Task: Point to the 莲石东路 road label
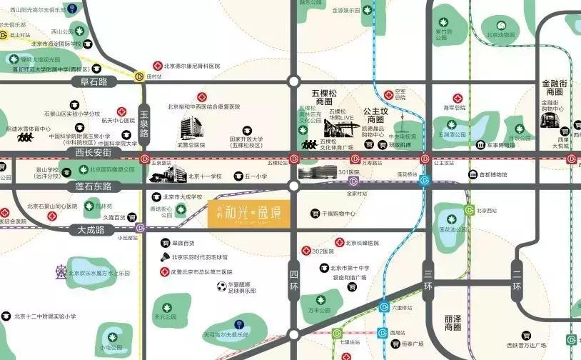point(94,186)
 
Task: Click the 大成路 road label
point(90,230)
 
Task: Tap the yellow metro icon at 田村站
point(139,76)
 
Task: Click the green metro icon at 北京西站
point(469,210)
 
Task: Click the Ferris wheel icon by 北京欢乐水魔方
point(61,273)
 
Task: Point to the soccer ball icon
point(222,286)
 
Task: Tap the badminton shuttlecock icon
point(165,256)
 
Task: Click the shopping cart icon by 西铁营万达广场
point(527,334)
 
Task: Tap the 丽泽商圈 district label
point(453,322)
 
